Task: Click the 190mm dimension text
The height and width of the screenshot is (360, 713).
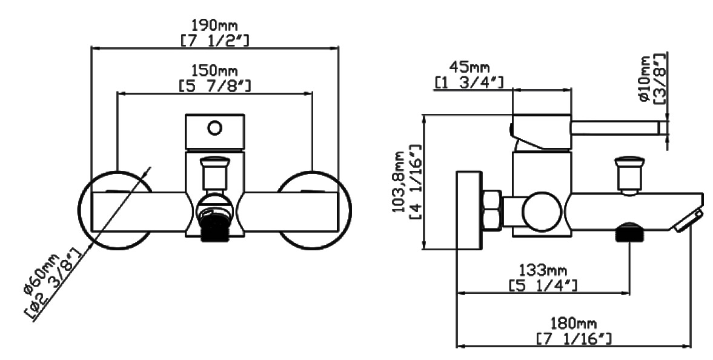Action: pyautogui.click(x=214, y=24)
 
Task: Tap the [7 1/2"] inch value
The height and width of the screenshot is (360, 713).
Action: pyautogui.click(x=214, y=39)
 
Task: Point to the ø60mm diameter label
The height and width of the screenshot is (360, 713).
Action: pyautogui.click(x=41, y=274)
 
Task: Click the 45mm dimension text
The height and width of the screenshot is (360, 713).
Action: pyautogui.click(x=469, y=67)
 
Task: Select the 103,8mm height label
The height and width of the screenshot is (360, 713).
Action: pyautogui.click(x=399, y=182)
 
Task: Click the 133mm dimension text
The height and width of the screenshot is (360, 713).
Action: pyautogui.click(x=543, y=271)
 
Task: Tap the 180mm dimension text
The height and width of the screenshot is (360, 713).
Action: pyautogui.click(x=574, y=324)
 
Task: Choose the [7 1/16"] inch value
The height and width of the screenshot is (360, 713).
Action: pyautogui.click(x=574, y=339)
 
